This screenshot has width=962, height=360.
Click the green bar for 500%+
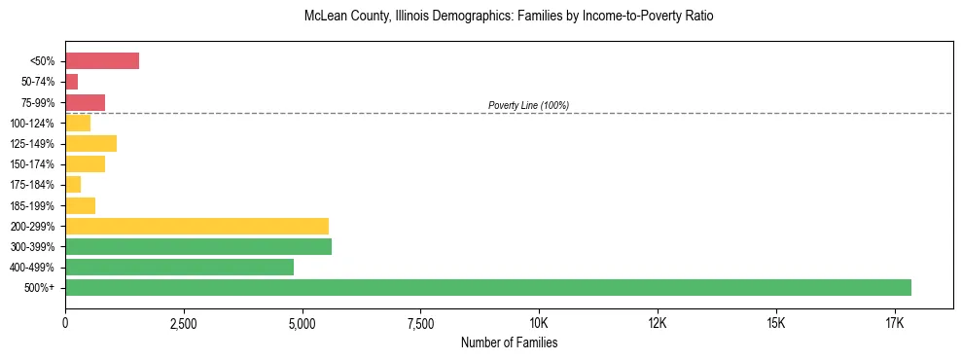[x=488, y=288]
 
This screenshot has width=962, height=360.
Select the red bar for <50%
[x=102, y=61]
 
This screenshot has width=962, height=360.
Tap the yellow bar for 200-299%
[x=196, y=227]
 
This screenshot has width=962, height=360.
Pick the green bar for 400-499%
[x=179, y=268]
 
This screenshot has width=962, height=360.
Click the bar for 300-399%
[x=198, y=247]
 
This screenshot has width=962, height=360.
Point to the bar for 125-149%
[x=90, y=144]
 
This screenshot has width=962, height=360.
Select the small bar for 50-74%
[x=71, y=82]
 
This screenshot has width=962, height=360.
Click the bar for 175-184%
[x=73, y=185]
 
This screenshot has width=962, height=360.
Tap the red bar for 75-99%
[x=85, y=102]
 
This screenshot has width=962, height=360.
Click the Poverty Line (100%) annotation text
[x=528, y=105]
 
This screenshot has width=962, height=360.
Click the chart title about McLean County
[x=509, y=17]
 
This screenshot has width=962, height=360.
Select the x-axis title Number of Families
[x=509, y=342]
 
